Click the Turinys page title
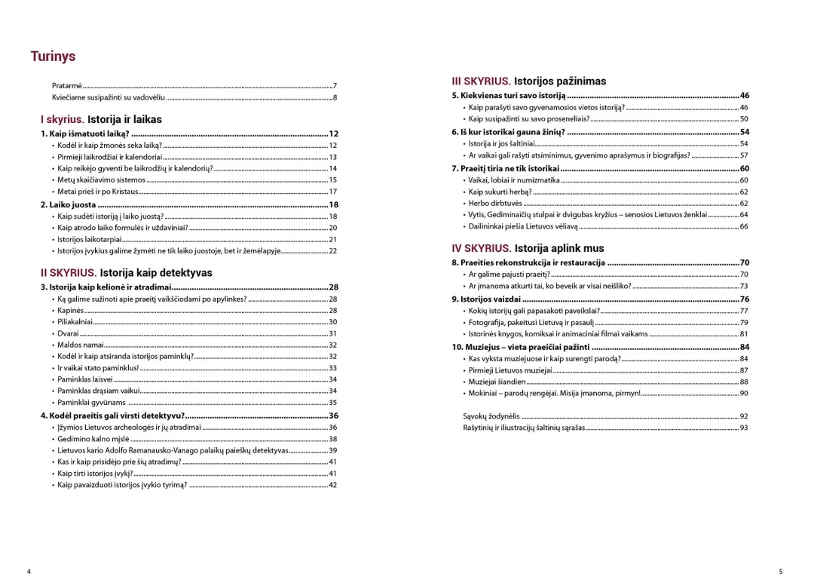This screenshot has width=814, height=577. point(53,57)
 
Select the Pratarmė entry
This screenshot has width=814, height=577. point(67,86)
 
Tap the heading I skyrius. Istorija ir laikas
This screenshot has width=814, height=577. point(101,119)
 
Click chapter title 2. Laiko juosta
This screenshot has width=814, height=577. point(68,204)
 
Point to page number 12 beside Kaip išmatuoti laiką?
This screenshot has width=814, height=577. point(333,134)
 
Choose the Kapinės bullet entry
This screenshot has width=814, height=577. point(71,311)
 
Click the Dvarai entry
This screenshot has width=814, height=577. point(68,333)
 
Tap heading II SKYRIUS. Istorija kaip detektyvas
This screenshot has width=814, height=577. point(126,272)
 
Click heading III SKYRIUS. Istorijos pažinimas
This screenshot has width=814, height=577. point(528,81)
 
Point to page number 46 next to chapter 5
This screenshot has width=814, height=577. point(745,96)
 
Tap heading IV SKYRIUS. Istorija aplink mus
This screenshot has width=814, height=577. point(528,247)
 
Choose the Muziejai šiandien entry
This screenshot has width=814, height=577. point(497,382)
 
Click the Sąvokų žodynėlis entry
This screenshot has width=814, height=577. point(491,416)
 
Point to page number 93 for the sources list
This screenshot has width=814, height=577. point(744,428)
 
